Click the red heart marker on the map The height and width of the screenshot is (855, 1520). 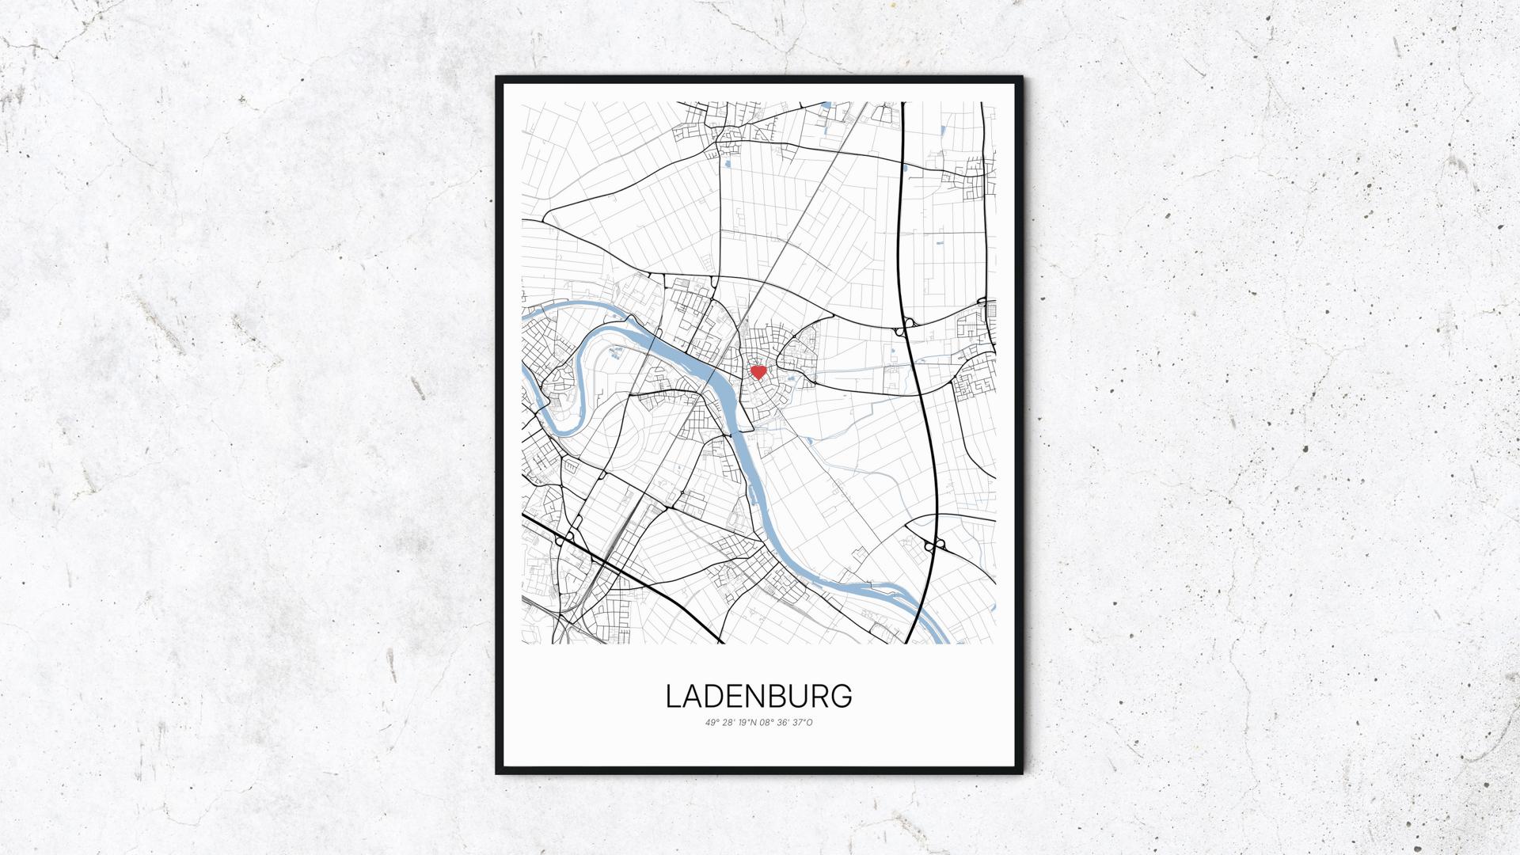758,372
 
